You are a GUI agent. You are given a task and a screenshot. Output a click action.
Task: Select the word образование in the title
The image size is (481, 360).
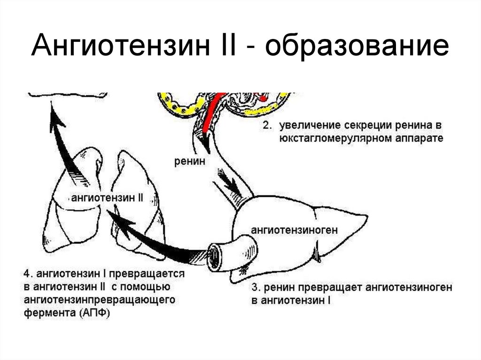pos(357,48)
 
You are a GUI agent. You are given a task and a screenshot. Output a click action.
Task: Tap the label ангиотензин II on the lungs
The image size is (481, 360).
pos(107,198)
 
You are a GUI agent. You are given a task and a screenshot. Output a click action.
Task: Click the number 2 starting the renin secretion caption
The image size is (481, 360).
pos(267,127)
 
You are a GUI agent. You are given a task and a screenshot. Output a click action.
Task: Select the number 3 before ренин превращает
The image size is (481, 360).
pos(254,287)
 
